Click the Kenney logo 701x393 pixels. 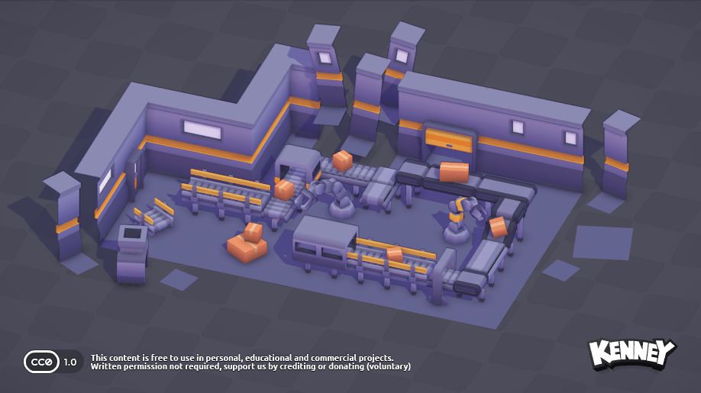point(632,354)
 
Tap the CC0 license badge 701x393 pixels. point(41,362)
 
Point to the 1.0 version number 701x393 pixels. point(70,362)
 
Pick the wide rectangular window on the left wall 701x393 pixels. point(202,130)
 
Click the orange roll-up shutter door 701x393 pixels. point(448,140)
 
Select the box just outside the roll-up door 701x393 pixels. point(454,172)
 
